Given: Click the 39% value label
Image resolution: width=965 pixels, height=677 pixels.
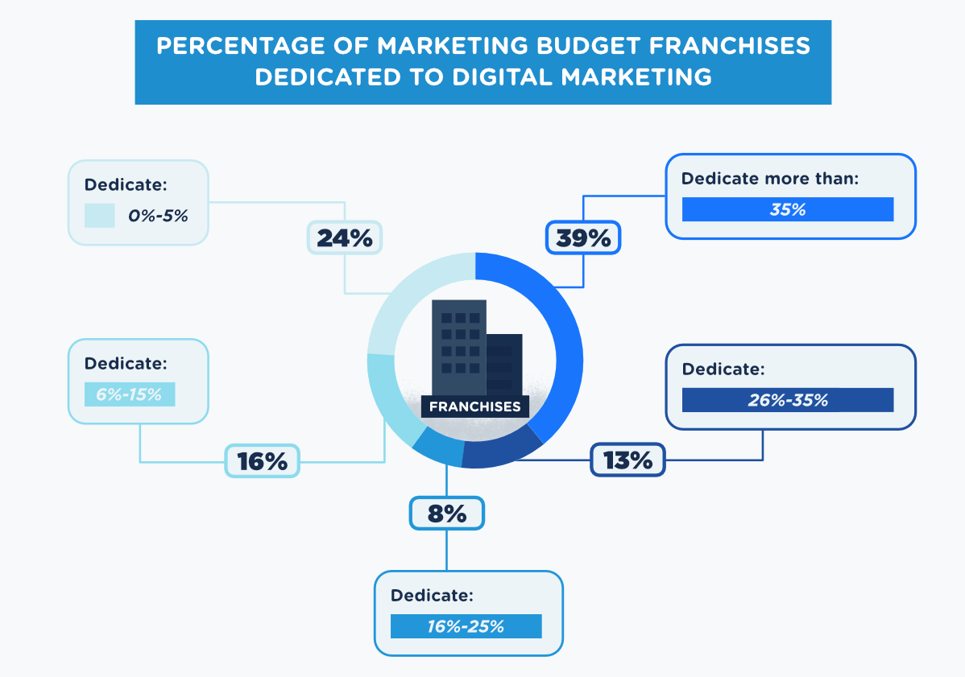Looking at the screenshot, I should point(583,237).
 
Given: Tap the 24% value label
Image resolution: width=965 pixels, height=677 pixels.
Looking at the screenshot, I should point(344,237).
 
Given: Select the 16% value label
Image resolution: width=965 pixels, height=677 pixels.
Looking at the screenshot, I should point(262,461).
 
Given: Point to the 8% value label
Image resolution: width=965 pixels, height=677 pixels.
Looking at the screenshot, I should point(447,514).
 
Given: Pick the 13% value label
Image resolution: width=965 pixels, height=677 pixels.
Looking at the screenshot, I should point(627,460).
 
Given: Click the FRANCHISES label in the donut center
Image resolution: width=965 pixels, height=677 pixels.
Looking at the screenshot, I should point(474,407).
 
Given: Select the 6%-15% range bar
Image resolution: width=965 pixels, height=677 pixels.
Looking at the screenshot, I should point(130,394).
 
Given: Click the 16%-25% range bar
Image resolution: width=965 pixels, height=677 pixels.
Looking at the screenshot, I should point(466,626).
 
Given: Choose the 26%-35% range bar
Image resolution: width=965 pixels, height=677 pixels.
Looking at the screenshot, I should point(787,400).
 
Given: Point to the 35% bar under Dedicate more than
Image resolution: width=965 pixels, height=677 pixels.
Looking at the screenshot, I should point(787,209).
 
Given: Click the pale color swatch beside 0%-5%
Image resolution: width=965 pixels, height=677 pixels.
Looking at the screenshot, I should point(100,216).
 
